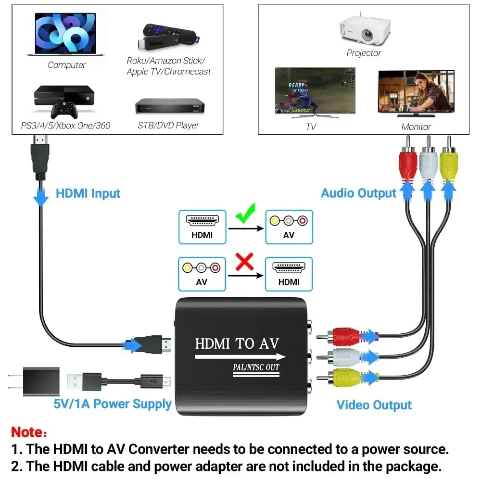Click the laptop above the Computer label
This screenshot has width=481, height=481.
click(x=65, y=34)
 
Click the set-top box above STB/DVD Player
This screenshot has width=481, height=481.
click(x=170, y=106)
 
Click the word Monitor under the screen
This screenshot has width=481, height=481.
click(x=416, y=127)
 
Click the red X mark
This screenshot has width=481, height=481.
click(x=244, y=262)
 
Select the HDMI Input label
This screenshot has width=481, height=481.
click(x=88, y=193)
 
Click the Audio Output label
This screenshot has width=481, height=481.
click(x=359, y=193)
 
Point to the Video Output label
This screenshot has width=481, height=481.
click(x=374, y=405)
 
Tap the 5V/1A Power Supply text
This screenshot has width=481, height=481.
click(x=112, y=404)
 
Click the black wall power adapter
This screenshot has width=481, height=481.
click(x=35, y=381)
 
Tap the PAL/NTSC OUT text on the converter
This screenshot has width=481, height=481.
click(x=256, y=367)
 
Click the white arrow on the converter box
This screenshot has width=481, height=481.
click(x=240, y=357)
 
